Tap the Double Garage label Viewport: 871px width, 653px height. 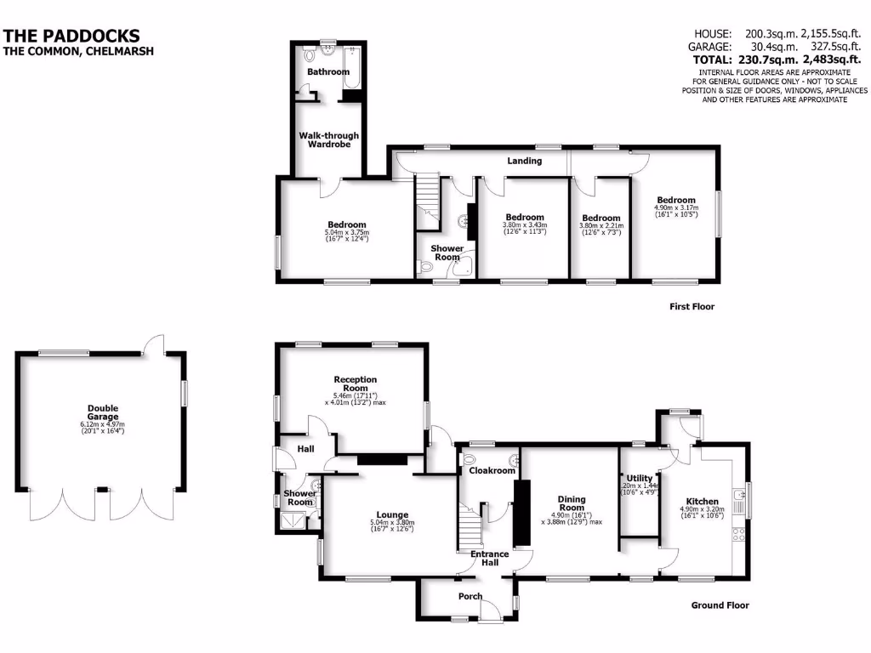(x=102, y=412)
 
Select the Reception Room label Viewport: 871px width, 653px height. (x=355, y=383)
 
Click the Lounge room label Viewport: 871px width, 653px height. (x=392, y=514)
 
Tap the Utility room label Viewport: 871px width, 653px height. (x=639, y=479)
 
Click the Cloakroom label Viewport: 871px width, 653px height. (x=492, y=470)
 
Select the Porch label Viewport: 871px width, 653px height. (x=470, y=596)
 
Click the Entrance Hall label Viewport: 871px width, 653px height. (x=490, y=559)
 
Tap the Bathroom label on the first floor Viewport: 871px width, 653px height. (x=328, y=72)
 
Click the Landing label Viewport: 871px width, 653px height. (x=525, y=160)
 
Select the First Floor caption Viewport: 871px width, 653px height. (x=692, y=306)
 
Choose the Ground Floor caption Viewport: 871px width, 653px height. (x=720, y=605)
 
